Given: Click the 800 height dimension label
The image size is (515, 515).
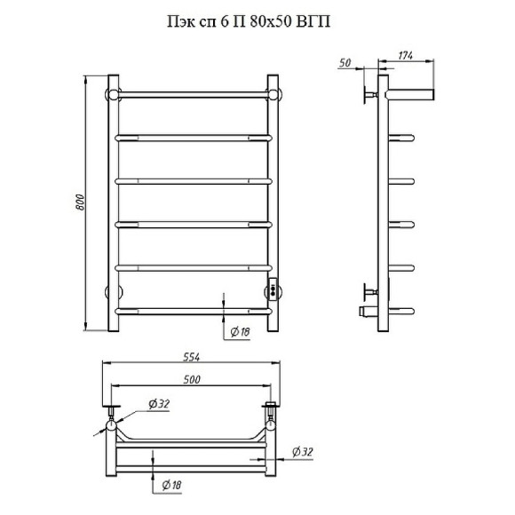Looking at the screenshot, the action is tap(80, 202).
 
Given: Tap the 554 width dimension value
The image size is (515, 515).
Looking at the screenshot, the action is tap(192, 357).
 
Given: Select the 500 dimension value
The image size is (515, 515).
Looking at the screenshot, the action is tap(192, 379).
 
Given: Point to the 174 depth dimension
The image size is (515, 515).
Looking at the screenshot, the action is tap(406, 56).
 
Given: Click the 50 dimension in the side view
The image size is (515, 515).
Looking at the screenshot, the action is tap(345, 63).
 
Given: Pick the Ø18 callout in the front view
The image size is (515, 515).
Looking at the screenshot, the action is tap(240, 332).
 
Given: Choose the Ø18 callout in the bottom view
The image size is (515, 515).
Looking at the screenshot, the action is tap(171, 485).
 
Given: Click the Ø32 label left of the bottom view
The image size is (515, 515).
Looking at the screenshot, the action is tap(159, 404).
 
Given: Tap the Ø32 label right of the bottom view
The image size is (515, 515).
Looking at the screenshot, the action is tap(303, 452).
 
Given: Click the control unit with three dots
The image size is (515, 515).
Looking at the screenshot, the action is tap(273, 289).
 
